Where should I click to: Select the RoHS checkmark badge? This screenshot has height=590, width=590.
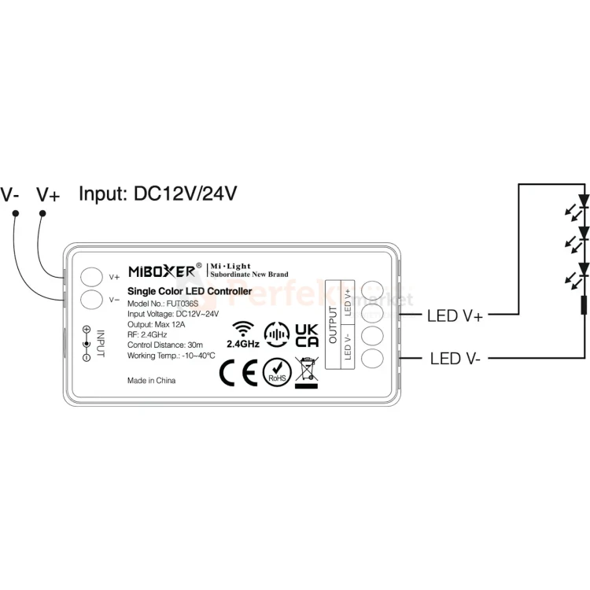point(276,371)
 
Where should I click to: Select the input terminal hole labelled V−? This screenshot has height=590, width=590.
point(93,299)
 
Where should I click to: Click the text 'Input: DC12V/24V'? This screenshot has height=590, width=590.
point(158,194)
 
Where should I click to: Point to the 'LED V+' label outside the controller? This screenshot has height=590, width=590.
point(455,316)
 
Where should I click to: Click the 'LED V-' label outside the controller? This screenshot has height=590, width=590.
point(455,359)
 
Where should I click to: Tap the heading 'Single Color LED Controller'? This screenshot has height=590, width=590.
point(189,292)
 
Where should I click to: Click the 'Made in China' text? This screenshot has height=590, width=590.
point(151,380)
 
